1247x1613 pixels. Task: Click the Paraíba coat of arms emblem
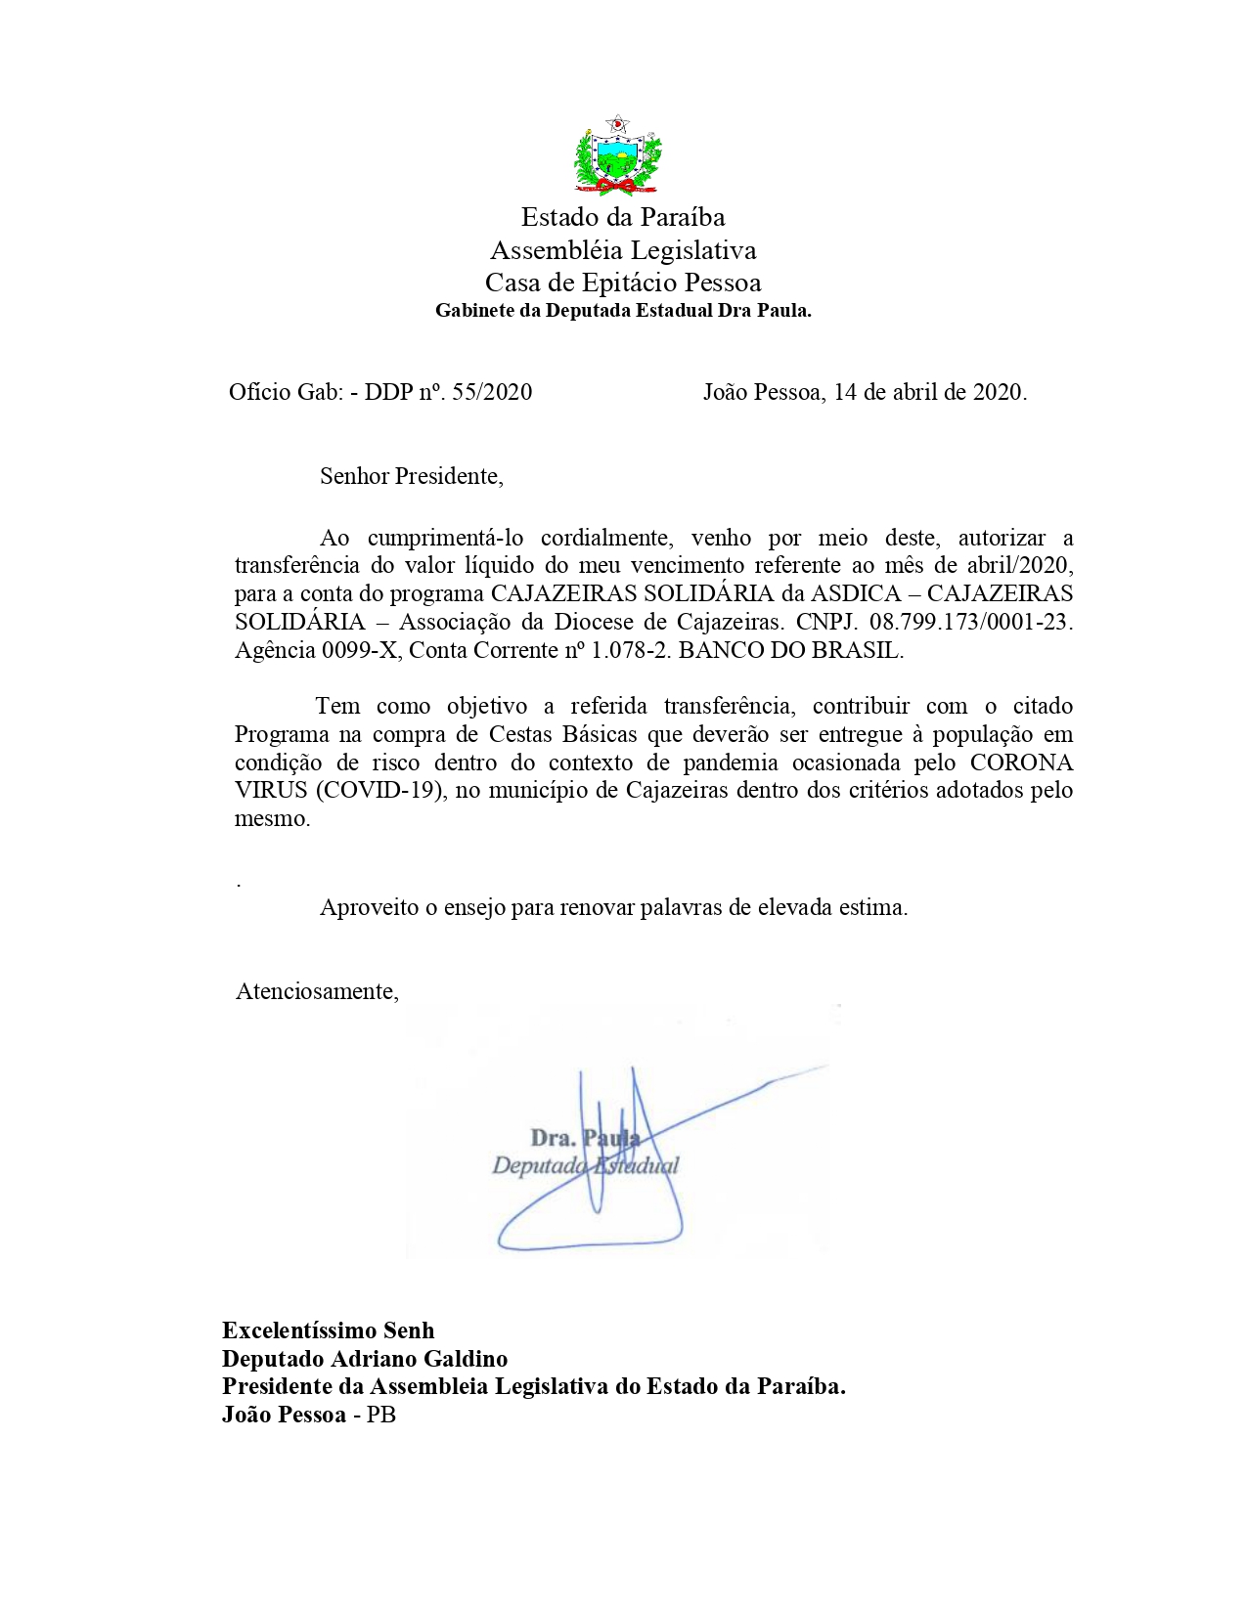[x=617, y=155]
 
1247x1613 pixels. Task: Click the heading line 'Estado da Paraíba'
[x=623, y=217]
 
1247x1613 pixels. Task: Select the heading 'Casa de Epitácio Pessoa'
[x=623, y=283]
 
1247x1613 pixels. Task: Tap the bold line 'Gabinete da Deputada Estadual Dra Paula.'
[x=623, y=312]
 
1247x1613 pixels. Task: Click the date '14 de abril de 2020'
[x=928, y=393]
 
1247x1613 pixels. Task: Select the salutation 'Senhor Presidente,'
[x=411, y=477]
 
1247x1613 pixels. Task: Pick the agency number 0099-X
[x=360, y=651]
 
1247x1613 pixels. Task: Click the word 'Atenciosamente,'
[x=317, y=992]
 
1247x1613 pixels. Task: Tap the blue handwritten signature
[x=626, y=1163]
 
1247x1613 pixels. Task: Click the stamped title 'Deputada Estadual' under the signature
[x=585, y=1166]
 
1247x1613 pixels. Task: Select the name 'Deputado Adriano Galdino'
[x=365, y=1359]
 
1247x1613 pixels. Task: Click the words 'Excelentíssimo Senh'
[x=328, y=1330]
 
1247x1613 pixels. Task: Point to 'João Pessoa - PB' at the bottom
[x=309, y=1415]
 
